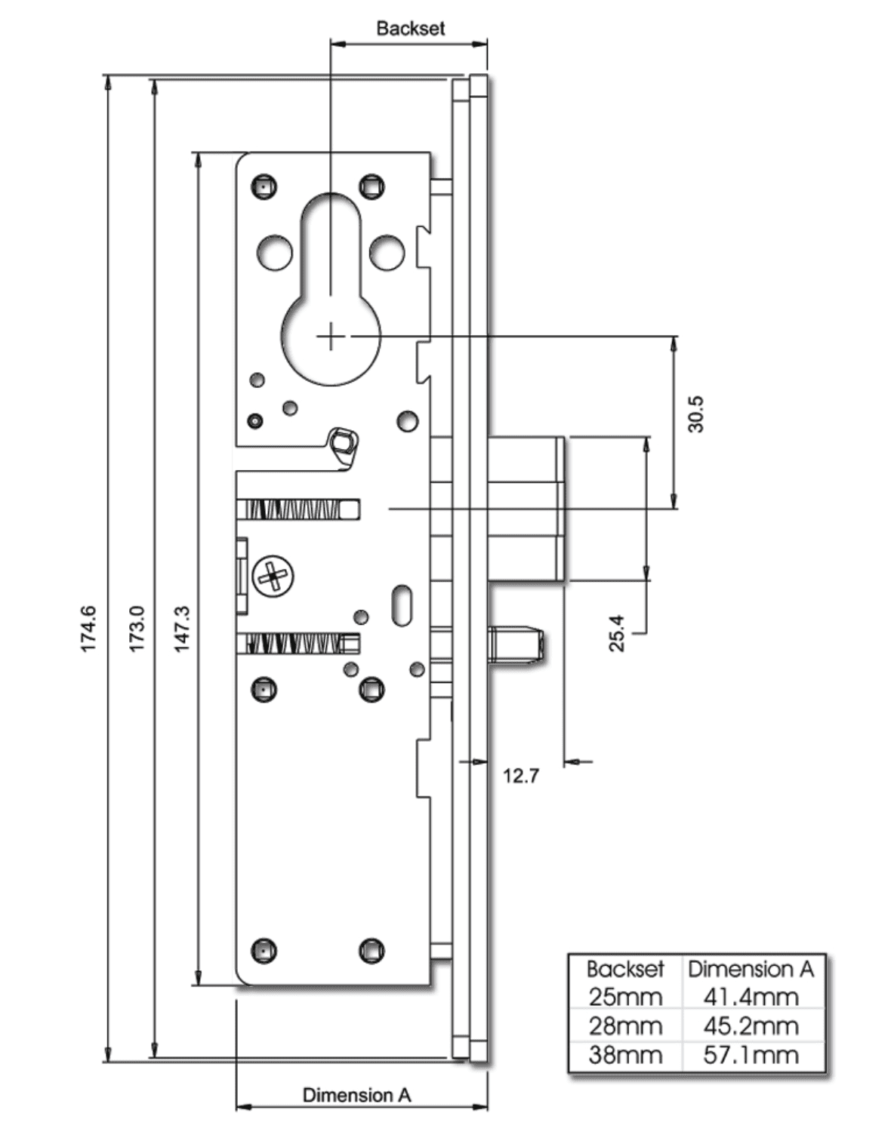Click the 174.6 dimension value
coord(88,628)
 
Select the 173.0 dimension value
coord(136,628)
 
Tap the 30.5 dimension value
coord(695,414)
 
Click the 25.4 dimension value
coord(617,632)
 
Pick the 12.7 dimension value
coord(521,776)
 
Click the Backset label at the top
coord(410,29)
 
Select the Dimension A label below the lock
coord(356,1094)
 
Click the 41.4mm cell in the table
coord(751,997)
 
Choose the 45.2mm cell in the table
coord(751,1026)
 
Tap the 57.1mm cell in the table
coord(751,1054)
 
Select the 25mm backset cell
coord(625,997)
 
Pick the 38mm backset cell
coord(625,1054)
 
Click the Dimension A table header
coord(751,969)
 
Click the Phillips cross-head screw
coord(273,577)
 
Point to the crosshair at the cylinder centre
coord(330,337)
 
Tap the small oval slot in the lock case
coord(402,604)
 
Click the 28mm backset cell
coord(625,1026)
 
